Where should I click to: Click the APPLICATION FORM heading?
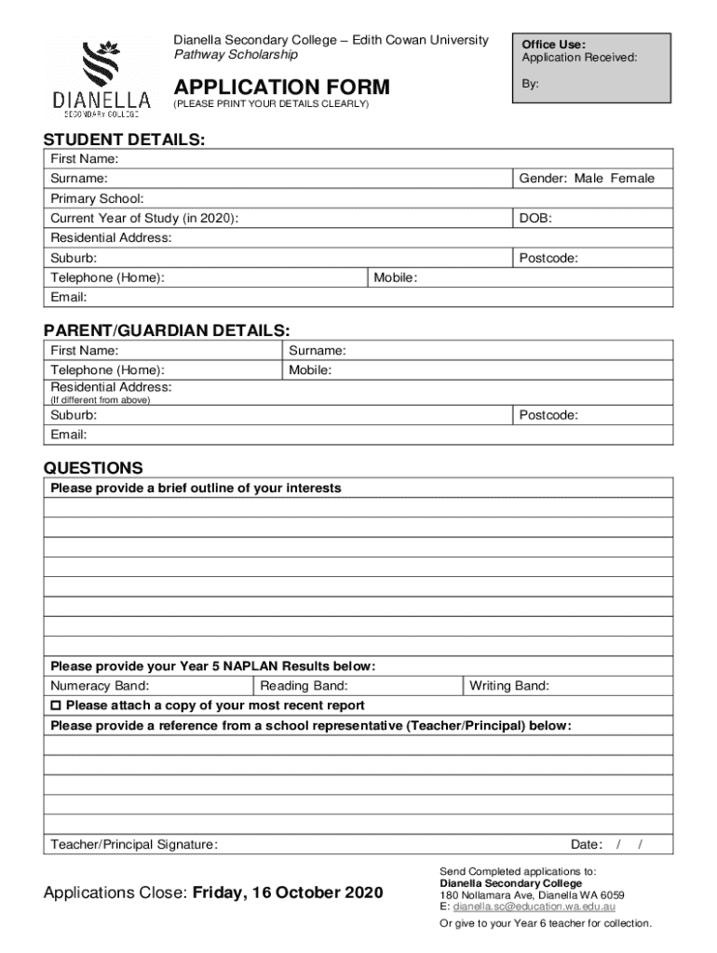point(282,87)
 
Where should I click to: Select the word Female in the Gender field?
point(632,179)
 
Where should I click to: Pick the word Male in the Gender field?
point(588,179)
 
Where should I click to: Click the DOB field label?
point(535,219)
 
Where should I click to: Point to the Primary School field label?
point(97,199)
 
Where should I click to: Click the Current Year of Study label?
point(143,219)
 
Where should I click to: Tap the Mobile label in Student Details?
point(395,278)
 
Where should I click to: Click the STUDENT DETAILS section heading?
point(125,140)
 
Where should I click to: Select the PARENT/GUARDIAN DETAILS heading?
point(167,331)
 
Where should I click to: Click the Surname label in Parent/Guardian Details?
point(317,351)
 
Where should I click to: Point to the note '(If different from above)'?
point(100,400)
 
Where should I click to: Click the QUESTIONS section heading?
point(93,468)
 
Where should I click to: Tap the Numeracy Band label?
point(99,687)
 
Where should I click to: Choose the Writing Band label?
point(508,687)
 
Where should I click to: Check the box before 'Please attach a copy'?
point(56,706)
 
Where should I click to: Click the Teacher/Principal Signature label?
point(134,845)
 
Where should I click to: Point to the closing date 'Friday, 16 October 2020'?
point(288,893)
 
